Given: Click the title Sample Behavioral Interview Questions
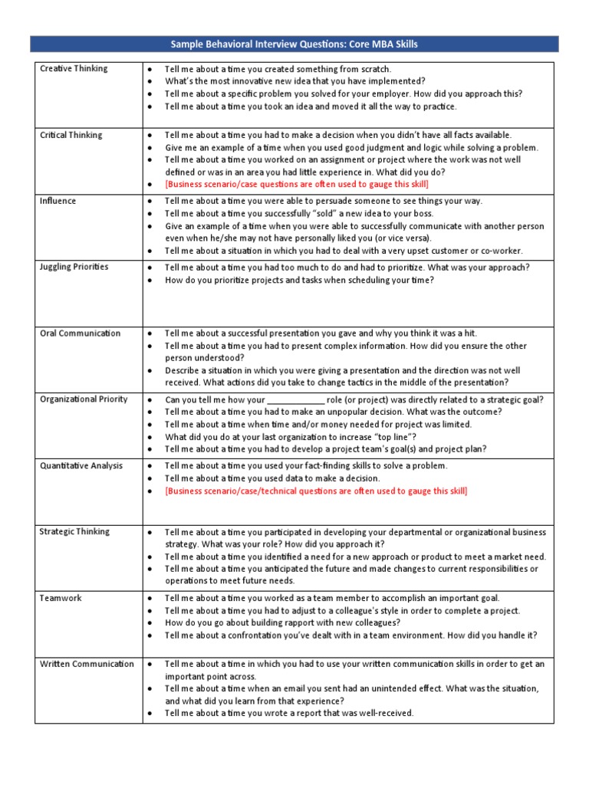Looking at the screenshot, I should [x=294, y=44].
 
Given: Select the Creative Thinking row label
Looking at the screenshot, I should [x=74, y=69].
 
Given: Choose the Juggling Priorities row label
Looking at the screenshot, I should [x=74, y=267].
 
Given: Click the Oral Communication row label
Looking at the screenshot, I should [x=80, y=333].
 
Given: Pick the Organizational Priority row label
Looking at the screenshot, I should [x=84, y=399].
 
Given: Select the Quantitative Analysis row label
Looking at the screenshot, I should [x=81, y=465].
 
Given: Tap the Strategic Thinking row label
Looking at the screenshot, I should [x=74, y=531].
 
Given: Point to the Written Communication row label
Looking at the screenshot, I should [x=87, y=664].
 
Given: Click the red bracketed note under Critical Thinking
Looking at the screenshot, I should [x=297, y=185].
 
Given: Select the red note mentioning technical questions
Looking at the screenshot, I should [x=316, y=491].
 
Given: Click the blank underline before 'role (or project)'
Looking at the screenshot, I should [x=296, y=400].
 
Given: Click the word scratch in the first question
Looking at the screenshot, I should [x=376, y=69].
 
